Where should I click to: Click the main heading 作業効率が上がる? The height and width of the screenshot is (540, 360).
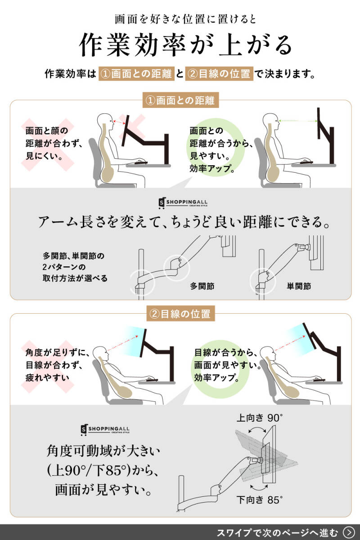coord(185,45)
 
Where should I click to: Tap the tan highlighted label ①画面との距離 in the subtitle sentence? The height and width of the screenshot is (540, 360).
coord(136,73)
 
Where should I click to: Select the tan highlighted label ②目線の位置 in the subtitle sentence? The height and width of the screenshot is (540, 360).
coord(219,73)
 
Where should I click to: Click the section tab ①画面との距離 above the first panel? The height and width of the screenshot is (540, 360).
coord(180,100)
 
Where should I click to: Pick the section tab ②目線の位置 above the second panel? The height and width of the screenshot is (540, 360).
coord(180,314)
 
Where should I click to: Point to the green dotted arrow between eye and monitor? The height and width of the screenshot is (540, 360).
coord(298,121)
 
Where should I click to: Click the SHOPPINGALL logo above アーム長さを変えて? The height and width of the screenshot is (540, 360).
coord(183,203)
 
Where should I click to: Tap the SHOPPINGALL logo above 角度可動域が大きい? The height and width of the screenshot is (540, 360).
coord(105,430)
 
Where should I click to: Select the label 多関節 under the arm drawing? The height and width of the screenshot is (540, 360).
coord(202,286)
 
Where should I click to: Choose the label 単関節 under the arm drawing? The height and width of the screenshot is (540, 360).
coord(299,286)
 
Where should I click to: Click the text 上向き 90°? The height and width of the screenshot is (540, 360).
coord(260,418)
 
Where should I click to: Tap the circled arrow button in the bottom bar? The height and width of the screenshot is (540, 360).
coord(349,532)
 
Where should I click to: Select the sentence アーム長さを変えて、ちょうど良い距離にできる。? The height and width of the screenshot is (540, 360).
coord(184,222)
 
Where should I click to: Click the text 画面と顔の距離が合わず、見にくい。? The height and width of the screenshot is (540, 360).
coord(54,143)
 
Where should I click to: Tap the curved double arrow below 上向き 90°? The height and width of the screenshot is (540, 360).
coord(257,430)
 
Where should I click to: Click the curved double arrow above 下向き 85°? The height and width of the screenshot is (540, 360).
coord(259,488)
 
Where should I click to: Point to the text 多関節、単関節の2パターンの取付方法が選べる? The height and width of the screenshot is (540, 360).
coord(75,267)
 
